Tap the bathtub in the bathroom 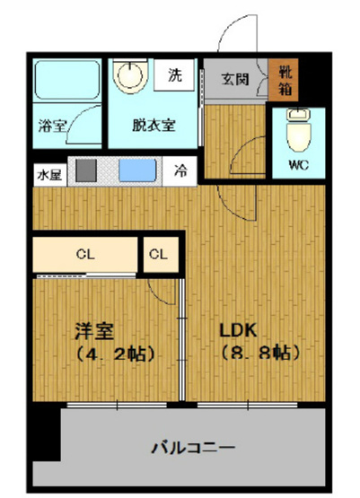point(66,83)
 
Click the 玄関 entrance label point(236,76)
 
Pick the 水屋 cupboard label point(48,172)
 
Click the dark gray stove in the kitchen point(83,171)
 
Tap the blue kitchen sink point(137,171)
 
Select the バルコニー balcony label point(192,446)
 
